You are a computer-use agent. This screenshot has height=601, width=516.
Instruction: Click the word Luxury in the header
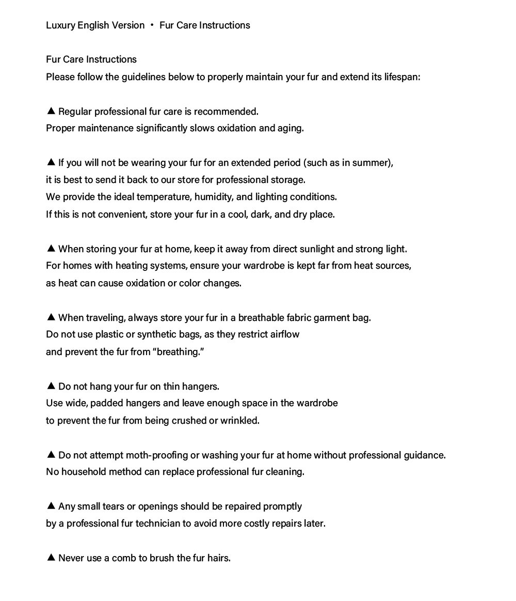tap(60, 25)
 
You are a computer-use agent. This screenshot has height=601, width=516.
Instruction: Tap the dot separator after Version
tap(152, 25)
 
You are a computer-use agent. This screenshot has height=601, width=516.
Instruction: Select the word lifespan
tap(402, 77)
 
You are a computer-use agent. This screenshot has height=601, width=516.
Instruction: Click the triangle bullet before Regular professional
tap(51, 111)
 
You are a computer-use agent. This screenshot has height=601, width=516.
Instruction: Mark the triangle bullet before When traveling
tap(51, 317)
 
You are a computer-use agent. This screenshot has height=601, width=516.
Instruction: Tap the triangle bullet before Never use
tap(51, 557)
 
